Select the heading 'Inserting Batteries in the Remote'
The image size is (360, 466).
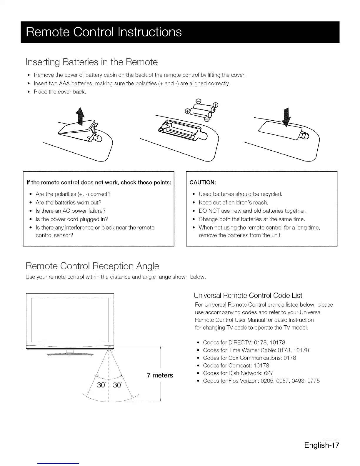coord(91,62)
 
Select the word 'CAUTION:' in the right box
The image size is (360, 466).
coord(203,182)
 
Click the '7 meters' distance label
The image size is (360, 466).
coord(160,375)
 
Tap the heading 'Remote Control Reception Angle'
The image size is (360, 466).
coord(92,266)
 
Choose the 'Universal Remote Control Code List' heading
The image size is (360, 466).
coord(248,295)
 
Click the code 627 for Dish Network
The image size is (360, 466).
coord(269,373)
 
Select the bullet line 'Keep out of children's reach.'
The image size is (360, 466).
coord(233,202)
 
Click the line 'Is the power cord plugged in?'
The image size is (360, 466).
coord(72,219)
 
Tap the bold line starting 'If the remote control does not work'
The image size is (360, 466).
coord(99,182)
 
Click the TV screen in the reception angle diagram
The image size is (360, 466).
coord(70,318)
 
